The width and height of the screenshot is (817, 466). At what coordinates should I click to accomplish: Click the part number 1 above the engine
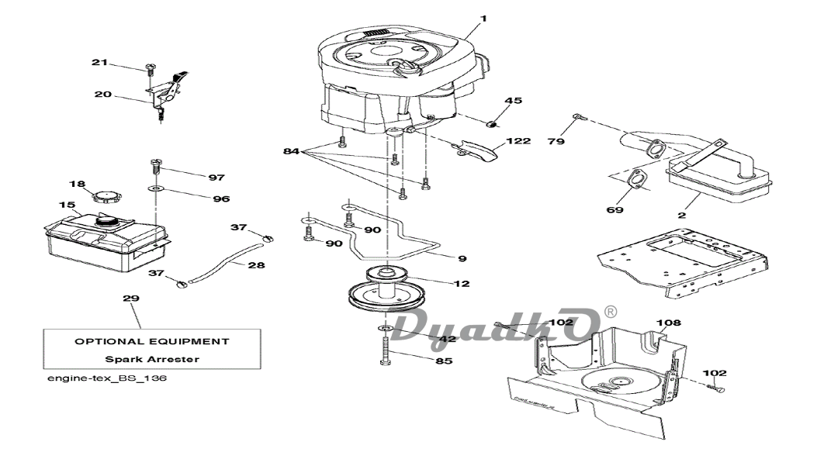(483, 19)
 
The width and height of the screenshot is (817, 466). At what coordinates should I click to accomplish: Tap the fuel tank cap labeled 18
(106, 198)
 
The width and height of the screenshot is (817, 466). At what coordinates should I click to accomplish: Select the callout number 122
(518, 140)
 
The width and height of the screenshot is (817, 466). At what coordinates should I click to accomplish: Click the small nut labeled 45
(491, 124)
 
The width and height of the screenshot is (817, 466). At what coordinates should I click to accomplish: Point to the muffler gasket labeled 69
(635, 179)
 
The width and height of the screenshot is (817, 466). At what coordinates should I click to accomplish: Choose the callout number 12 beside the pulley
(462, 284)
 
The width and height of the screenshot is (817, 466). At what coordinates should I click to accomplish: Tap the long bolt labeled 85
(386, 350)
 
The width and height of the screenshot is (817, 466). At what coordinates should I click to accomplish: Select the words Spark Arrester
(152, 359)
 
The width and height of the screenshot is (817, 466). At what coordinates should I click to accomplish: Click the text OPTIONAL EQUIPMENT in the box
(151, 342)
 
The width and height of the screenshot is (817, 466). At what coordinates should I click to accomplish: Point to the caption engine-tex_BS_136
(107, 378)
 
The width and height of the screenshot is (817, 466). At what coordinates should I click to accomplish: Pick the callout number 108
(669, 323)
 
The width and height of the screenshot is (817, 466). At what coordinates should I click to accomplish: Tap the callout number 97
(216, 178)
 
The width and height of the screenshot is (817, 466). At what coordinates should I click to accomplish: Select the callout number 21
(99, 63)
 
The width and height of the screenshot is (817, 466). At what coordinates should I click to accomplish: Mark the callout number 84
(291, 151)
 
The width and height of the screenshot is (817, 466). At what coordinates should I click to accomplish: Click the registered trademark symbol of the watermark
(610, 312)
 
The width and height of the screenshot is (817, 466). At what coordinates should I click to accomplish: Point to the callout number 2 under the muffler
(681, 215)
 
